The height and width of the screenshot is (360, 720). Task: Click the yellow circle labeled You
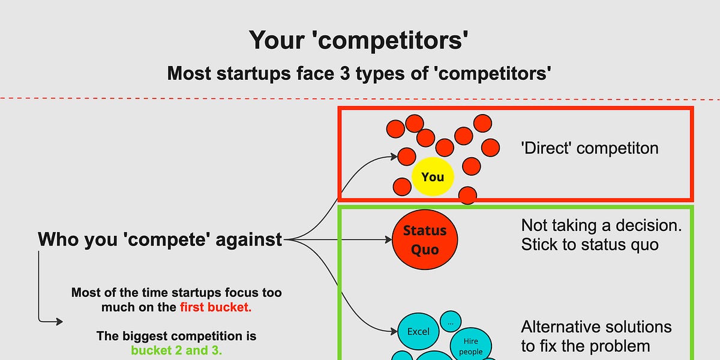[432, 177]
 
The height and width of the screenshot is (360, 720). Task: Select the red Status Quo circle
[425, 239]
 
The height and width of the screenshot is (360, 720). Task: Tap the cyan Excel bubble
[418, 331]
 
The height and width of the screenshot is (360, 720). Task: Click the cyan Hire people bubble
[470, 346]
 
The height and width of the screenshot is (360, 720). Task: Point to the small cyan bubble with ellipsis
[451, 322]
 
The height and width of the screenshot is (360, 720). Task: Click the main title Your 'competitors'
[359, 40]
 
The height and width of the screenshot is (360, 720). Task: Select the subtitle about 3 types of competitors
[359, 73]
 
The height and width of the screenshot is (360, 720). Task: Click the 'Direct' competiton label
[589, 148]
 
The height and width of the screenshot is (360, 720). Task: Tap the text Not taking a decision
[601, 226]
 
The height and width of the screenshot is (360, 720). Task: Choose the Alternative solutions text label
[596, 328]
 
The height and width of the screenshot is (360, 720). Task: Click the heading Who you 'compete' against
[160, 239]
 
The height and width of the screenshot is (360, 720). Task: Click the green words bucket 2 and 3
[176, 350]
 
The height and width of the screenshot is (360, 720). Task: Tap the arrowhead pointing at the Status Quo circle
[388, 239]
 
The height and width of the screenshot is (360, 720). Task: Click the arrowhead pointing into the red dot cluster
[394, 157]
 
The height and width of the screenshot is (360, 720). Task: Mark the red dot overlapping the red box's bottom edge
[467, 195]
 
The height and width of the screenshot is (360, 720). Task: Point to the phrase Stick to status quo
[589, 245]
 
